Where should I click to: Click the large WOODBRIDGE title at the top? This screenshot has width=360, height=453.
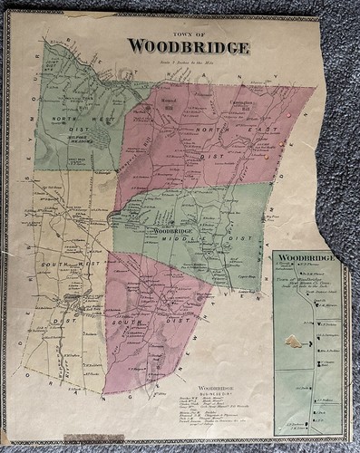pos(188,46)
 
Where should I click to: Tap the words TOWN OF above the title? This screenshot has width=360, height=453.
pos(188,33)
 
